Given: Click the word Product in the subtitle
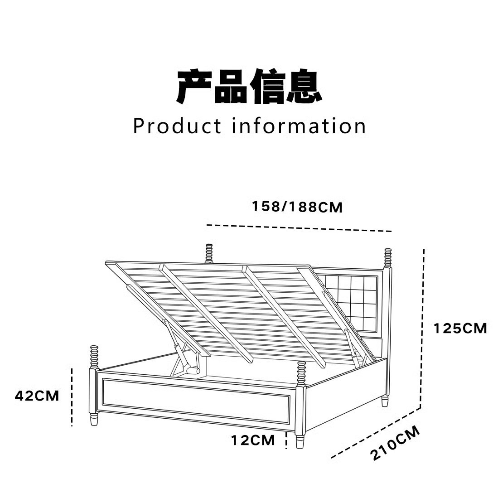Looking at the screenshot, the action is click(177, 126).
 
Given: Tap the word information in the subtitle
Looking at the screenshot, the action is click(299, 126).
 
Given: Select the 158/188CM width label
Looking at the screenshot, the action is click(297, 207).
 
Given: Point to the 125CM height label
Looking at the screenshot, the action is click(460, 328).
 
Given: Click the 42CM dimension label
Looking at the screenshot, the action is click(37, 396).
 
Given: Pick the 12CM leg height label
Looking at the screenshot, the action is click(253, 440).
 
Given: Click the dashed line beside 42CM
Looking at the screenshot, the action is click(72, 397).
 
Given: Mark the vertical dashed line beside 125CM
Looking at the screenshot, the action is click(424, 326).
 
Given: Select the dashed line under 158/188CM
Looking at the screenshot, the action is click(299, 228).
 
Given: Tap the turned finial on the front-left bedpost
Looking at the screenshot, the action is click(94, 357).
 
